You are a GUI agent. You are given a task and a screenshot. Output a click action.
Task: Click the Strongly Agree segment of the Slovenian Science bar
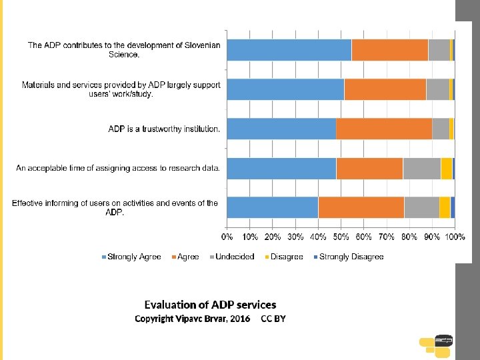point(289,50)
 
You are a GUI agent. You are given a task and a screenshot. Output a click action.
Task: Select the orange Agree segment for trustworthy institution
point(383,129)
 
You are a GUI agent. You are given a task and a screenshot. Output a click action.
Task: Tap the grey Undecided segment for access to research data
point(421,168)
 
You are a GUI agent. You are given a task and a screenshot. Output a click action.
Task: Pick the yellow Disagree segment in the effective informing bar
point(445,207)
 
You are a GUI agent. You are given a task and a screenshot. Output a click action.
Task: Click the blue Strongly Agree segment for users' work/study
point(285,89)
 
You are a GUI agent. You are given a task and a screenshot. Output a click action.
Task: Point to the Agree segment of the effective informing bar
point(361,207)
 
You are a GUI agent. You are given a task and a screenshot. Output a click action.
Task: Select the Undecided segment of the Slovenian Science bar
point(439,50)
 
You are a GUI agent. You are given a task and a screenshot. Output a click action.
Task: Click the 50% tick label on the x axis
point(341,237)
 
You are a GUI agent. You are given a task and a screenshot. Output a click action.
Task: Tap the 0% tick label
point(227,237)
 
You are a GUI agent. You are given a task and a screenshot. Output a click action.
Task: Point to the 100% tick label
point(455,237)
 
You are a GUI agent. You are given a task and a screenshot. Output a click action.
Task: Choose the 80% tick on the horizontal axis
point(409,237)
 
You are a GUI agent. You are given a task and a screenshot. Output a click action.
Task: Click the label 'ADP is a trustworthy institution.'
point(164,129)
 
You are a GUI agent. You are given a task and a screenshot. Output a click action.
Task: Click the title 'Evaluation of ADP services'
point(210,305)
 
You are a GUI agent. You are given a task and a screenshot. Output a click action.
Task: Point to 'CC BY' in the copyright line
point(273,319)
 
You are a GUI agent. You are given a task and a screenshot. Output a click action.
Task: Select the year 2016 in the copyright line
point(240,319)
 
